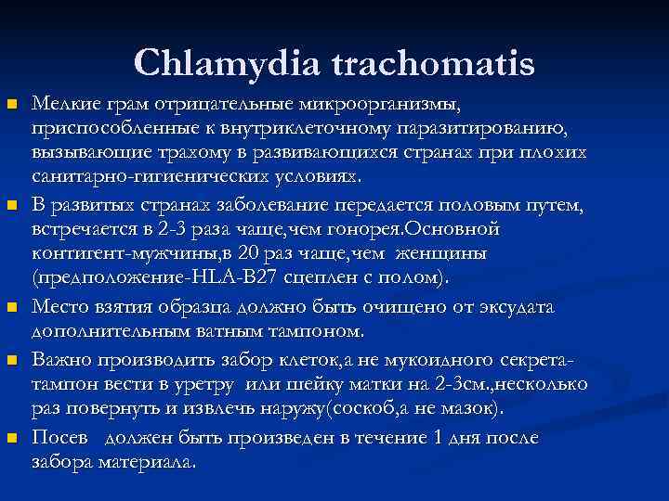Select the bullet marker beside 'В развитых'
pyautogui.click(x=11, y=202)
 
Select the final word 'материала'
pyautogui.click(x=140, y=464)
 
